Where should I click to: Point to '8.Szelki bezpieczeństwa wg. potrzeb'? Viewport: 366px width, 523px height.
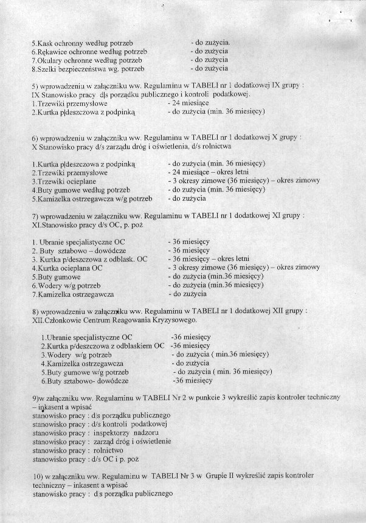coord(88,69)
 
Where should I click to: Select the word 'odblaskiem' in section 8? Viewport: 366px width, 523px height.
coord(147,345)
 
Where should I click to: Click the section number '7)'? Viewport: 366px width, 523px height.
coord(35,216)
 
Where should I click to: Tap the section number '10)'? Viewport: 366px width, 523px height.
coord(36,474)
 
